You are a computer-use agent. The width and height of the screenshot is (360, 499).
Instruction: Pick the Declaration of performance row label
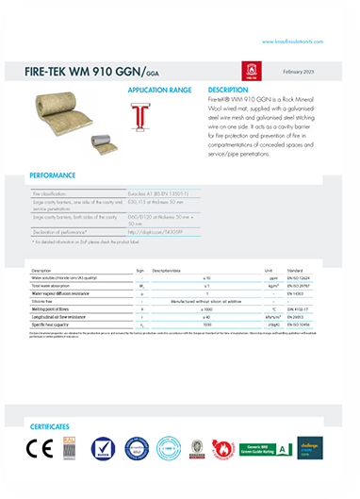click(65, 230)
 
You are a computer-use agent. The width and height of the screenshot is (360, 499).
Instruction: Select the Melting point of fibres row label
click(57, 308)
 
